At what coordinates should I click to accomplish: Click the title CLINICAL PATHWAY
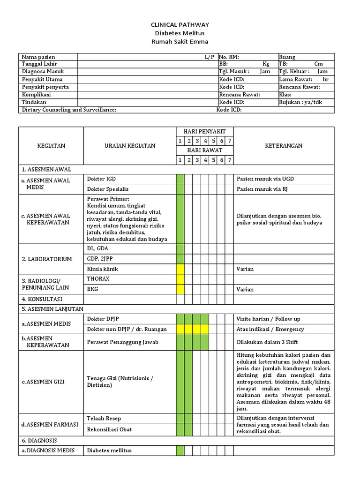(x=180, y=24)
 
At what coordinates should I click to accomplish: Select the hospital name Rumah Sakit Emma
(x=180, y=41)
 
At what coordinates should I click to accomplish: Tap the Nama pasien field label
(x=38, y=57)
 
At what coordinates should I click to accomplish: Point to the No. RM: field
(x=229, y=57)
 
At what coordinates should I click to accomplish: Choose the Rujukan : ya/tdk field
(x=300, y=102)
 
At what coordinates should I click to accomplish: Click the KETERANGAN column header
(x=284, y=146)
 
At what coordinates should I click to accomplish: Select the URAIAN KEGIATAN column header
(x=130, y=146)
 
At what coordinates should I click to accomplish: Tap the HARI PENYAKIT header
(x=204, y=132)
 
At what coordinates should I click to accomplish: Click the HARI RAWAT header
(x=204, y=150)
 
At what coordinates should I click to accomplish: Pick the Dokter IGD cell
(x=101, y=179)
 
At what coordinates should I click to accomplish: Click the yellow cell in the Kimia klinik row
(x=180, y=269)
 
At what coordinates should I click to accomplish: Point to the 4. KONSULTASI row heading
(x=42, y=299)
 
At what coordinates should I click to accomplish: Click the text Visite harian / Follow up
(x=269, y=319)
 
